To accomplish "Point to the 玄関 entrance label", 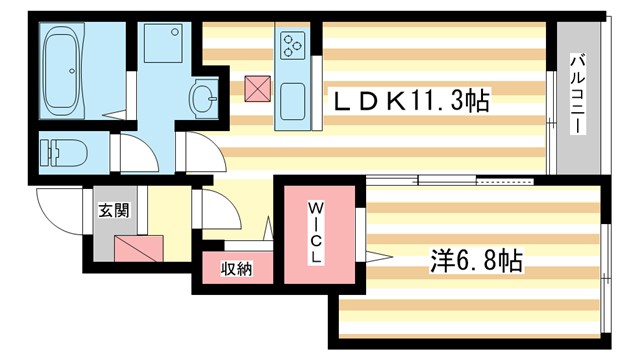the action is (x=113, y=211).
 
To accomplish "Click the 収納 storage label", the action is (x=236, y=269).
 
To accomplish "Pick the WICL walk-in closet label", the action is (x=315, y=232).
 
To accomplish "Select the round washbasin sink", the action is (x=205, y=98).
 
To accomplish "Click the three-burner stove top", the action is (x=293, y=44).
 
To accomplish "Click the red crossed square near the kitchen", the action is (x=257, y=89).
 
